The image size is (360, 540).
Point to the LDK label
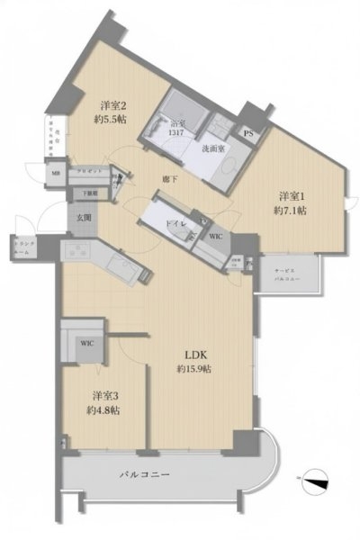(193, 354)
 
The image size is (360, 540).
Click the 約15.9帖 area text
(193, 369)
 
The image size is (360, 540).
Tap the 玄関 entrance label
(83, 217)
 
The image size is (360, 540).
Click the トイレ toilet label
(175, 222)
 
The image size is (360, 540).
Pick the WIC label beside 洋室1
(216, 236)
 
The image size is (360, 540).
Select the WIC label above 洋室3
(86, 343)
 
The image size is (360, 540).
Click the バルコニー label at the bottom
(144, 473)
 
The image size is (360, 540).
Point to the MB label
(56, 173)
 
